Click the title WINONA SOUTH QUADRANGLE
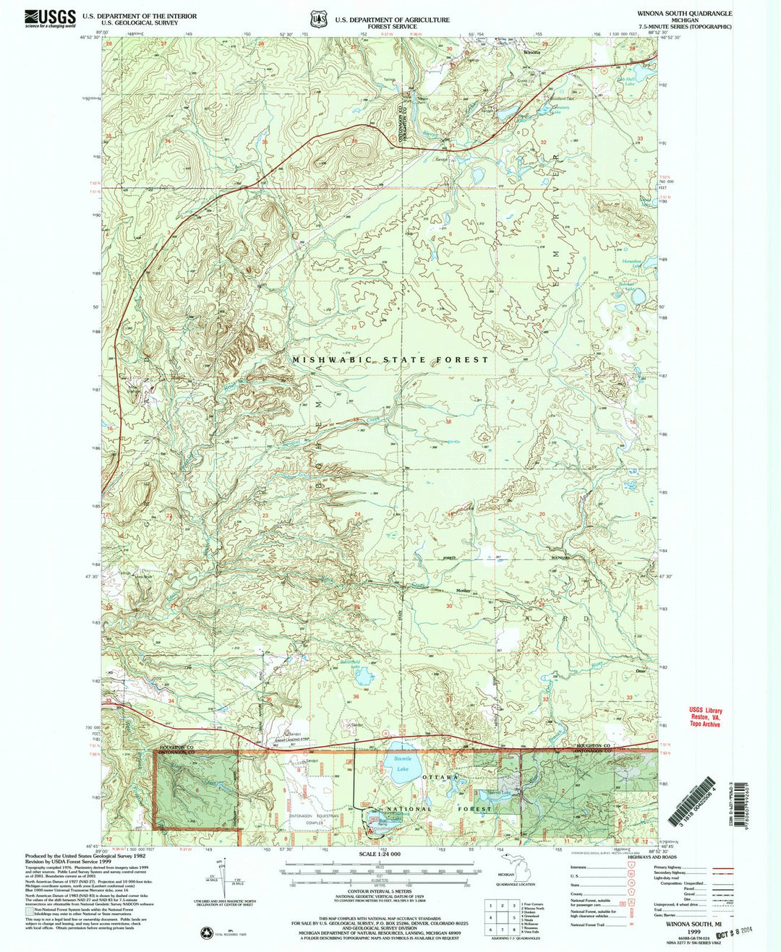[x=684, y=14]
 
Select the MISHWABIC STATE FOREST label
[x=390, y=359]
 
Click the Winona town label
[x=532, y=53]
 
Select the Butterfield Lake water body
[x=364, y=677]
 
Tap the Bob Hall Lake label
[x=626, y=81]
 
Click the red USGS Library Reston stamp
[x=705, y=717]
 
